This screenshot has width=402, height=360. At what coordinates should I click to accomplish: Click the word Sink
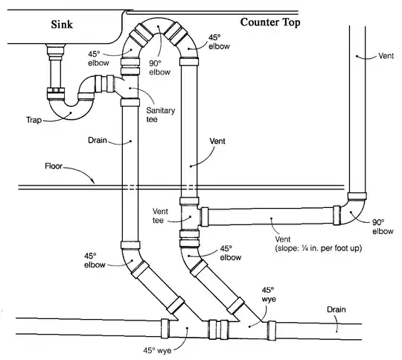point(62,25)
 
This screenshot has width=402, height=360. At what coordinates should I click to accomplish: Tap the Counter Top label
point(270,22)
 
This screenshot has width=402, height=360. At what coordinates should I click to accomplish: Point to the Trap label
point(33,120)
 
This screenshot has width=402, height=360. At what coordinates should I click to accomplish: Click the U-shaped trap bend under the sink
point(70,110)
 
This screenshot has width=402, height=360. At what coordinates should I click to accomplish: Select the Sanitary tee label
point(161,115)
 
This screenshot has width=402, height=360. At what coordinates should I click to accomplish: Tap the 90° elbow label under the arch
point(159,68)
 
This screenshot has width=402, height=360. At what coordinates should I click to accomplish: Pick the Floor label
point(54,166)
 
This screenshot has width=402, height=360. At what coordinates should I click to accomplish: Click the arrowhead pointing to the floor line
point(93,181)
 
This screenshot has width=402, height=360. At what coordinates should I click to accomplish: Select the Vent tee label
point(160,216)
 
